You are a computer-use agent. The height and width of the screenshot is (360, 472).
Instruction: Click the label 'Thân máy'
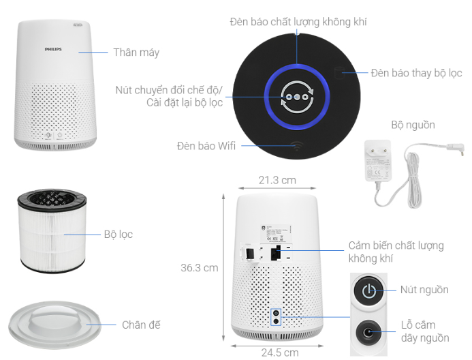(x=136, y=52)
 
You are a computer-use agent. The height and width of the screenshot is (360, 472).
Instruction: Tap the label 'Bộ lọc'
(x=119, y=234)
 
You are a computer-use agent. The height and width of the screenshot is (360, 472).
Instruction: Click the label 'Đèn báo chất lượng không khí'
(x=298, y=22)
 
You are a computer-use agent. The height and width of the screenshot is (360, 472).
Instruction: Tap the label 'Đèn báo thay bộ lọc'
(x=416, y=73)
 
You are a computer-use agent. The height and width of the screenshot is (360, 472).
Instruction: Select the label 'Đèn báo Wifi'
(x=206, y=146)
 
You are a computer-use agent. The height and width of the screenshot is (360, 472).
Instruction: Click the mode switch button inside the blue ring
(x=298, y=97)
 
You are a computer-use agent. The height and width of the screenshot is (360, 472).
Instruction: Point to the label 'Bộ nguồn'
(x=413, y=125)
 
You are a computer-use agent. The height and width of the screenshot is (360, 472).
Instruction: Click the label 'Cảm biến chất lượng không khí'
(x=396, y=252)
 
